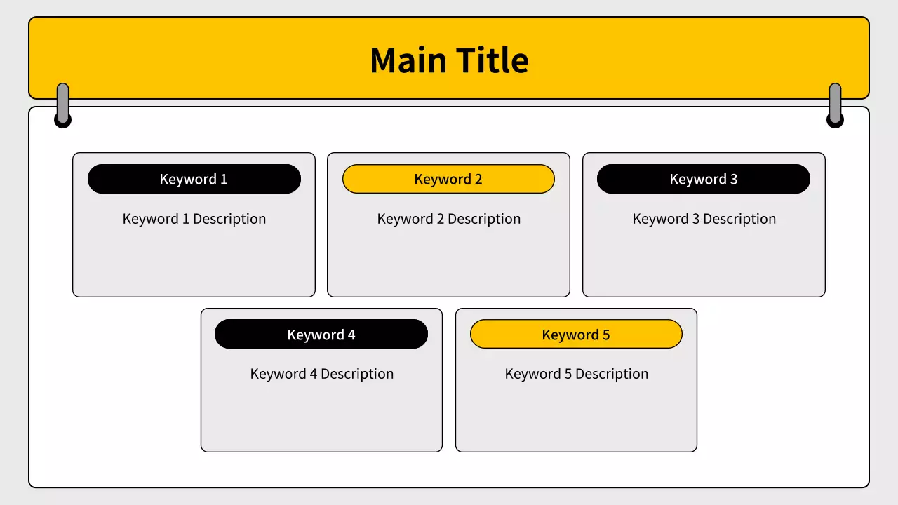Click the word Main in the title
[x=408, y=60]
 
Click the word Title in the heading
[x=492, y=60]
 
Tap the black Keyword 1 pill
[x=194, y=179]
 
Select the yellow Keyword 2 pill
[x=448, y=179]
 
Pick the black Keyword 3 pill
[x=704, y=179]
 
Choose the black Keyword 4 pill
[x=321, y=334]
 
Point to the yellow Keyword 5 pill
[x=576, y=334]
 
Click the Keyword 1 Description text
[x=194, y=219]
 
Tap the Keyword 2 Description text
[x=448, y=219]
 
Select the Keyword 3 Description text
[x=704, y=219]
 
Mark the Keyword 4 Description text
[x=321, y=374]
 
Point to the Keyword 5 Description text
[x=577, y=374]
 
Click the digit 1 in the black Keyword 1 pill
[x=224, y=179]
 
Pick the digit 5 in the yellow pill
[x=606, y=335]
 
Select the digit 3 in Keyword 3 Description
[x=695, y=218]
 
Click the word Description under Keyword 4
[x=357, y=375]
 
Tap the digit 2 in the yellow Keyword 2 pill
[x=478, y=179]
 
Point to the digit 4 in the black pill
[x=351, y=335]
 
